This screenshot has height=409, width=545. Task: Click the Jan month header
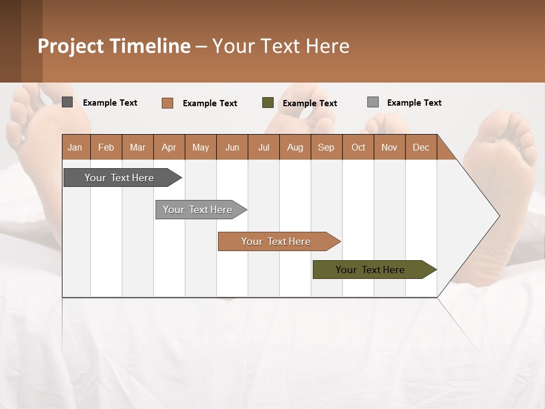[76, 147]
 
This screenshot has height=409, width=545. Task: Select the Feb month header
[106, 147]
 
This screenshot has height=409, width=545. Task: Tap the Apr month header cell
[169, 147]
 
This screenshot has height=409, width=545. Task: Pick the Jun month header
[232, 147]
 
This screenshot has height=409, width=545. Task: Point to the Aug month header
[295, 147]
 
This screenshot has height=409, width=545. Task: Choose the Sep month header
[326, 147]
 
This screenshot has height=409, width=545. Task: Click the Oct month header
[358, 147]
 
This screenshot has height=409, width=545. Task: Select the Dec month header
[421, 147]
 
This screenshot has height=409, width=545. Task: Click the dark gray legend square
[68, 102]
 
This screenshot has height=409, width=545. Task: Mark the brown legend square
[167, 103]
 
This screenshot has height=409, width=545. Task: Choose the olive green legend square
[268, 103]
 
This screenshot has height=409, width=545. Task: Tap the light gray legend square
[373, 102]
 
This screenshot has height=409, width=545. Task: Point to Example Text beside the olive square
[310, 103]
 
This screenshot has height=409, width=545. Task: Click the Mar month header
[138, 147]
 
